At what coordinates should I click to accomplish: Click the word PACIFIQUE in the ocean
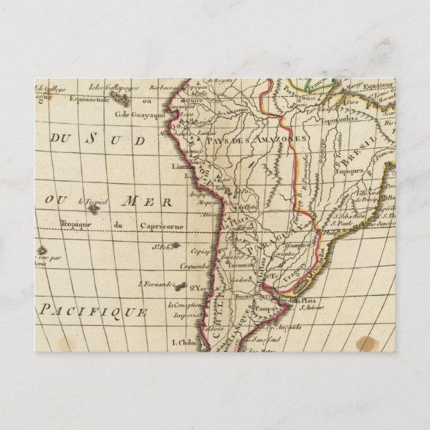click(x=93, y=309)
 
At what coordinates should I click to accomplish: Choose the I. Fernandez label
click(x=156, y=283)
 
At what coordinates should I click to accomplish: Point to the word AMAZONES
click(x=286, y=138)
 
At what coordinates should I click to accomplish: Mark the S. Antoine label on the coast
click(x=311, y=307)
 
